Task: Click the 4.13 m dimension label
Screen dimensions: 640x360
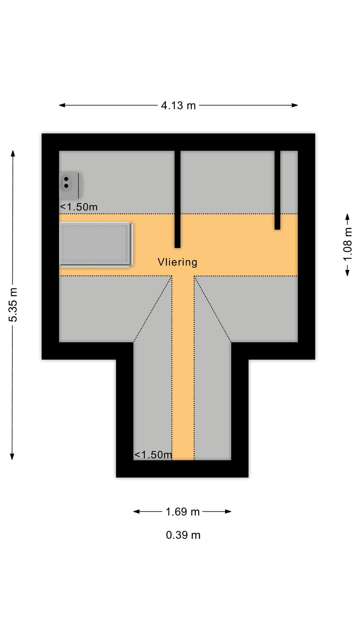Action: pyautogui.click(x=178, y=106)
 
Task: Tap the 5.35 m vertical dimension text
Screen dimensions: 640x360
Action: pyautogui.click(x=13, y=305)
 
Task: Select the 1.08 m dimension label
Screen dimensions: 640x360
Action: pyautogui.click(x=347, y=244)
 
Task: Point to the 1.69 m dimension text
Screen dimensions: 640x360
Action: pyautogui.click(x=183, y=512)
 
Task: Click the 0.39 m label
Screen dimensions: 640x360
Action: pyautogui.click(x=183, y=535)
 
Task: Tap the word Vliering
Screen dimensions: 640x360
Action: pyautogui.click(x=177, y=262)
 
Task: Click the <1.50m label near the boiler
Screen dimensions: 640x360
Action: pyautogui.click(x=79, y=207)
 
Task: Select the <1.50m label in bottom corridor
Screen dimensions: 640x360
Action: pyautogui.click(x=153, y=455)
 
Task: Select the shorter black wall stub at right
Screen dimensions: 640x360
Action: pyautogui.click(x=277, y=190)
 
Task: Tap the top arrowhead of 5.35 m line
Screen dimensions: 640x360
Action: pyautogui.click(x=13, y=153)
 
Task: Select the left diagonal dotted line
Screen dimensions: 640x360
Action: pyautogui.click(x=153, y=309)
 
